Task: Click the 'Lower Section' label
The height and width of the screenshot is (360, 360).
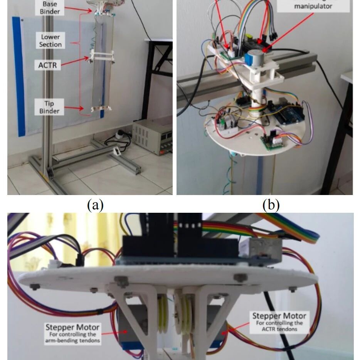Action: point(50,40)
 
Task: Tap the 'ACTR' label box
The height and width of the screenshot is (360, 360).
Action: point(47,65)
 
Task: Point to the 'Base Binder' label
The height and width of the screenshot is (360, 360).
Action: point(50,7)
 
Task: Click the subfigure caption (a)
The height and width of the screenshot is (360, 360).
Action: point(95,205)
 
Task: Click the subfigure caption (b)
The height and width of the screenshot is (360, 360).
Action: point(271,205)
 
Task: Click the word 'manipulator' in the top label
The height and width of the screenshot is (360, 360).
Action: point(313,7)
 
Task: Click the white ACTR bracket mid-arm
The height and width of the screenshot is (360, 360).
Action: point(102,56)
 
